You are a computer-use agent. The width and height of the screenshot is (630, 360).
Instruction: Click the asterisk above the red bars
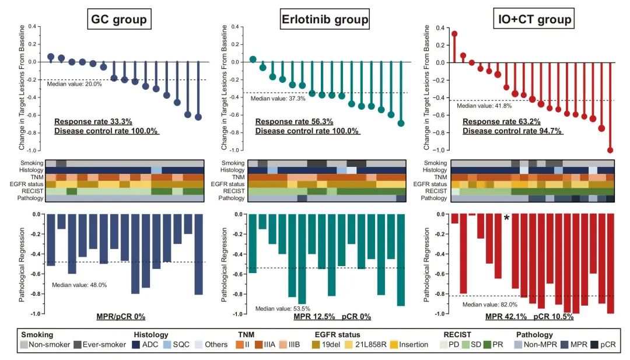[506, 218]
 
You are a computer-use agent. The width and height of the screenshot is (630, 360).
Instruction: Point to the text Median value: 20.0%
[74, 84]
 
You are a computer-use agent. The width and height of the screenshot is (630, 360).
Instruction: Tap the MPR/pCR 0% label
[121, 317]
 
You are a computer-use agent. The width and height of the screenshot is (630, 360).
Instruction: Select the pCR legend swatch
[594, 345]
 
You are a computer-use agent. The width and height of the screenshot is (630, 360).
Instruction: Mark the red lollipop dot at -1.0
[610, 150]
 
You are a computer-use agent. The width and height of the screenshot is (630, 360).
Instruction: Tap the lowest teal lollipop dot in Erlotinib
[401, 123]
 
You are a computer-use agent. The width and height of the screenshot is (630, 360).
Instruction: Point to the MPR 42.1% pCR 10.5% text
[529, 317]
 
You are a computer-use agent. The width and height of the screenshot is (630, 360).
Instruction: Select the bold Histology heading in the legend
[152, 335]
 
